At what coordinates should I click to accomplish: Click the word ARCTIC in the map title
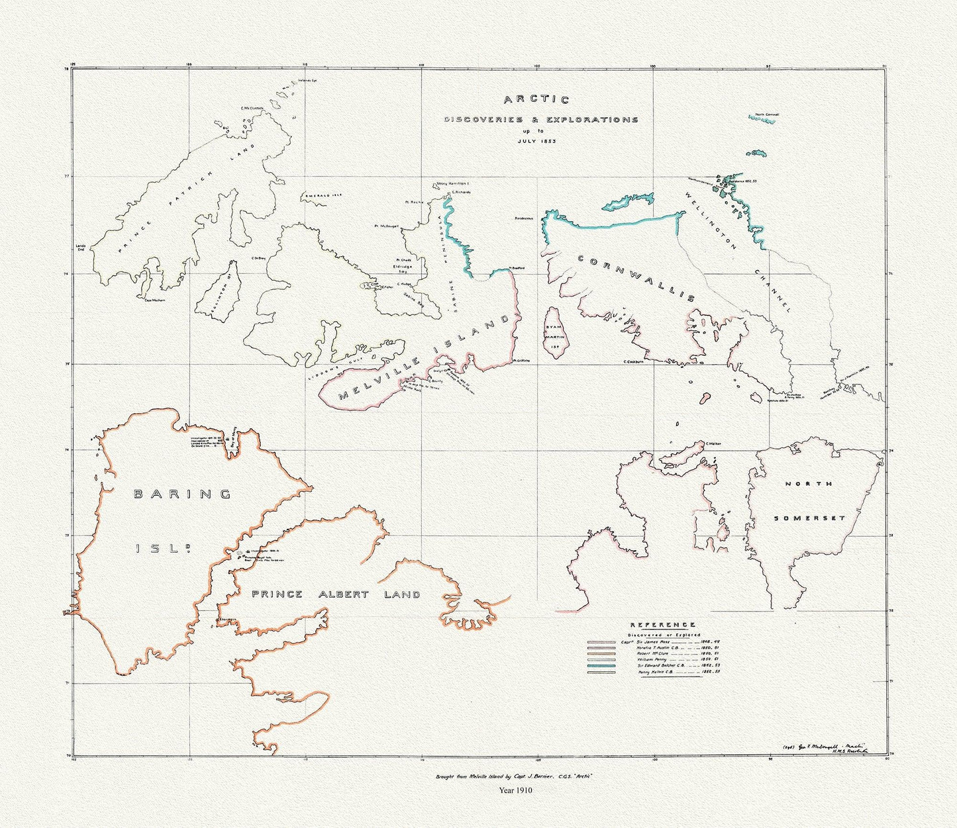[x=536, y=100]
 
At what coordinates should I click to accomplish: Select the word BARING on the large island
[x=182, y=494]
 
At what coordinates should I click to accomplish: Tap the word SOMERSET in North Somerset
[x=810, y=518]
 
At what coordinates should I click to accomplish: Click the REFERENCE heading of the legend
[x=662, y=625]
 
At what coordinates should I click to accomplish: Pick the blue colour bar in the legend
[x=601, y=666]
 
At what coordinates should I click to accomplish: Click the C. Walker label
[x=713, y=443]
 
